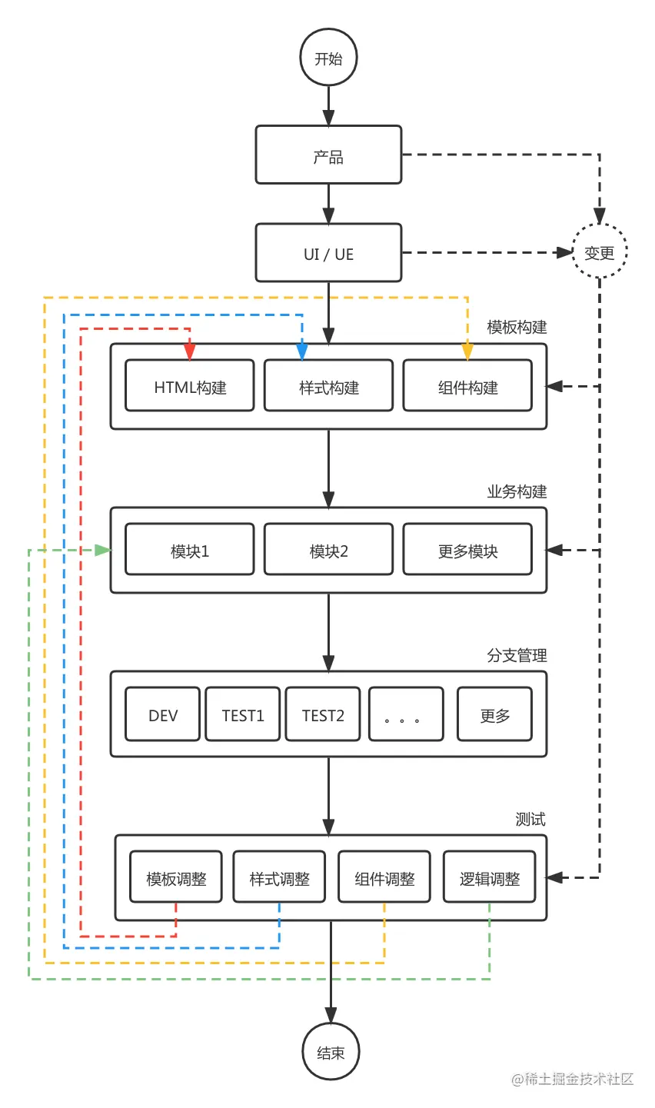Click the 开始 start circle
(328, 58)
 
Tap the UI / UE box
(328, 253)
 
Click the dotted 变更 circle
(600, 252)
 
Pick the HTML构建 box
(190, 386)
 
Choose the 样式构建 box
(328, 386)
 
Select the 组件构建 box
(467, 386)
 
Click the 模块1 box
(190, 550)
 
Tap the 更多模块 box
(467, 550)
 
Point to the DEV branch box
(162, 714)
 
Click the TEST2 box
(323, 714)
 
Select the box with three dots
(406, 714)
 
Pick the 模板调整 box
(176, 877)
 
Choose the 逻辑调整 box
(490, 877)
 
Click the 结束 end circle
(331, 1052)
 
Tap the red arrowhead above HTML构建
(190, 351)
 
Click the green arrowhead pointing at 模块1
(103, 550)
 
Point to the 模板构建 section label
(517, 328)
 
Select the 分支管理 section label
(517, 655)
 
